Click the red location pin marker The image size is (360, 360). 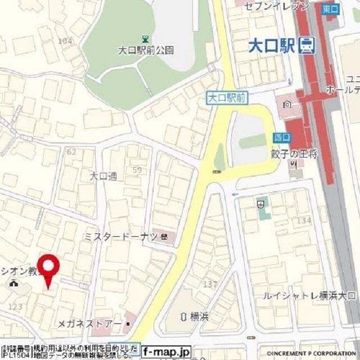tap(48, 269)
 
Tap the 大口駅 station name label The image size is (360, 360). tap(272, 45)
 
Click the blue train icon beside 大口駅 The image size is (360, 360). tap(307, 45)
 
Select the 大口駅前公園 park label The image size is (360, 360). tap(146, 51)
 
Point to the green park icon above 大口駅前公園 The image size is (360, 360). tap(146, 39)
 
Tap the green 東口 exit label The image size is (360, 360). tap(331, 9)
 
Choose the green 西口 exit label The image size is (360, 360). tap(281, 137)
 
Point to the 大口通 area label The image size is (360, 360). tap(103, 176)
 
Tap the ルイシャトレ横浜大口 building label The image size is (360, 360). tap(310, 295)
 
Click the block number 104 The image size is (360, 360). tap(65, 40)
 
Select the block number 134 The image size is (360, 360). tap(304, 220)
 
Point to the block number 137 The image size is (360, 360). tap(210, 284)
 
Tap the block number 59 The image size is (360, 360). tap(137, 170)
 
